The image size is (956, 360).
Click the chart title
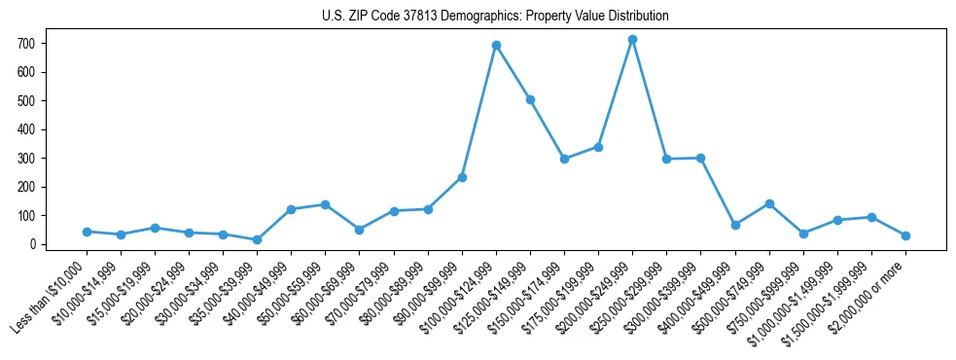click(x=495, y=17)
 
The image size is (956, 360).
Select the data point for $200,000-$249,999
click(x=632, y=39)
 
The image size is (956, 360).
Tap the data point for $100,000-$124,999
click(x=496, y=45)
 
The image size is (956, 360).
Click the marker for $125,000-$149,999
click(x=530, y=99)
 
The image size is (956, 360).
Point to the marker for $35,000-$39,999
click(x=257, y=239)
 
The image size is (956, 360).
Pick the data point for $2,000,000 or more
click(x=905, y=235)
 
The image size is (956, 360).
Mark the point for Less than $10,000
click(x=87, y=232)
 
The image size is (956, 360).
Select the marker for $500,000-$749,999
click(x=769, y=203)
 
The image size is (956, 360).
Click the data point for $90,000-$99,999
click(x=462, y=177)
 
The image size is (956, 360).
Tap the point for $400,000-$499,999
click(x=735, y=225)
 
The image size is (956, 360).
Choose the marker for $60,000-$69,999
click(x=359, y=230)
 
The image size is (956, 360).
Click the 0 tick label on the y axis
click(x=33, y=244)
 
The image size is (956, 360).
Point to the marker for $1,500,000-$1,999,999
click(x=871, y=217)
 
